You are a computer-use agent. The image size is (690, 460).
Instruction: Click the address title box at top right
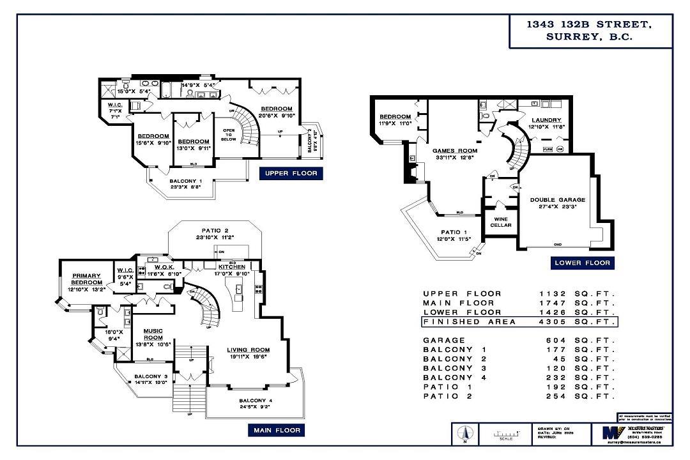point(590,31)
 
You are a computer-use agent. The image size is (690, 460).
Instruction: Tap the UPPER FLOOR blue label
point(291,173)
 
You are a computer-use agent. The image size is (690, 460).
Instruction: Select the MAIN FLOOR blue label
point(275,431)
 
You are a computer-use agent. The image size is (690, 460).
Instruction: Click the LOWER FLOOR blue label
point(582,263)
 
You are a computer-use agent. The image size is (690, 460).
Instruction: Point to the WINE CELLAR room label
point(500,222)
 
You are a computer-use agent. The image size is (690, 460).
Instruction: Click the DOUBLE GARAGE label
point(557,203)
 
